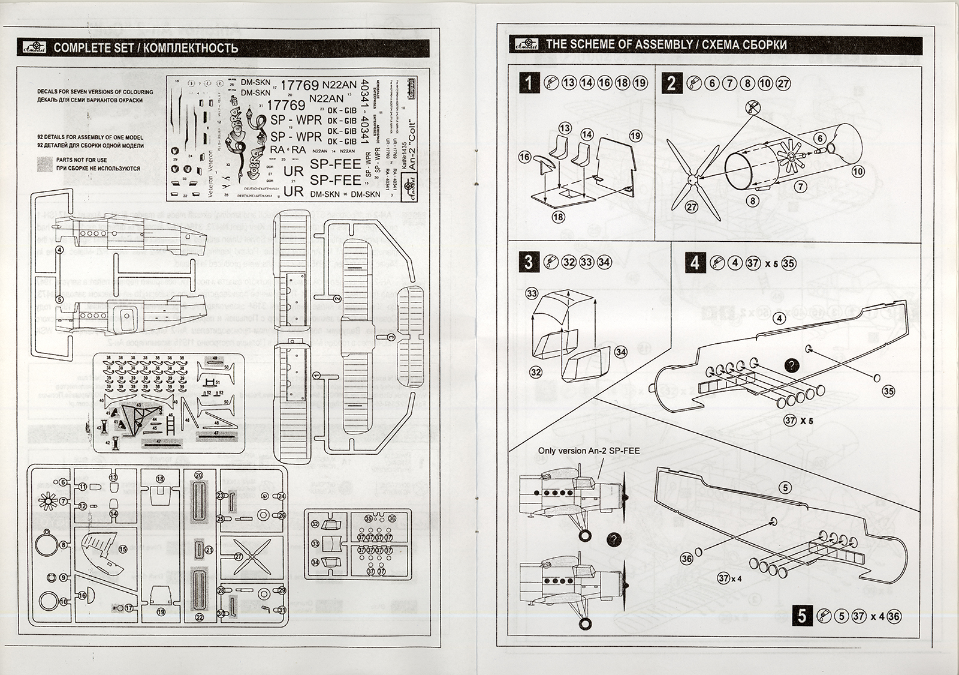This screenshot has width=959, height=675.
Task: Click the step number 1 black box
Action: coord(528,82)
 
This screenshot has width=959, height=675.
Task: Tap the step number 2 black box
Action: coord(671,82)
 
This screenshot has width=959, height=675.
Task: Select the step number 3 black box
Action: coord(528,262)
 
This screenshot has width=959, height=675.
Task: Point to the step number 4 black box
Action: coord(694,263)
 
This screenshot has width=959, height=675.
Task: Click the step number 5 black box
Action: coord(802,616)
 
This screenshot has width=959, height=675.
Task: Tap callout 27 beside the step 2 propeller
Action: coord(692,207)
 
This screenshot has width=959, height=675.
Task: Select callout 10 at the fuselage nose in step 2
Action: coord(858,172)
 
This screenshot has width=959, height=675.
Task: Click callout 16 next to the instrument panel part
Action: coord(525,157)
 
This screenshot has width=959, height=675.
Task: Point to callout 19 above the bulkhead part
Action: coord(635,136)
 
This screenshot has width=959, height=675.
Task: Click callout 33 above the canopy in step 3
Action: coord(532,293)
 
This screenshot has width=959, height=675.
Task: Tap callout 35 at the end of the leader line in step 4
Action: coord(888,391)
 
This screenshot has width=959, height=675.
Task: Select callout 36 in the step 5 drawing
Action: coord(687,559)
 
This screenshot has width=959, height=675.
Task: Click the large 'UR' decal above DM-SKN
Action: coord(293,192)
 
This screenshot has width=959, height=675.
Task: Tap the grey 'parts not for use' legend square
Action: coord(45,164)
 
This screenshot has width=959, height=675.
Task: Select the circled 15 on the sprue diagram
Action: coord(123,548)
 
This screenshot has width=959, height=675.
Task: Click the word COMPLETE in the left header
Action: coord(79,49)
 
